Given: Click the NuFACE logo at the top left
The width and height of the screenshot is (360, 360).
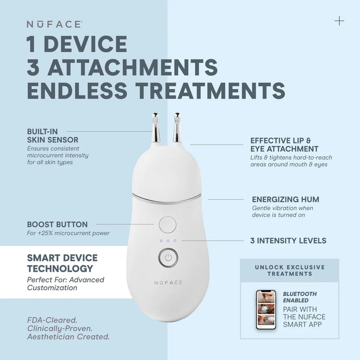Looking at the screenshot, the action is tap(54, 24).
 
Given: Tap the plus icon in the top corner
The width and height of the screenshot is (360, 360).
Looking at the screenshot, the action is tap(339, 21).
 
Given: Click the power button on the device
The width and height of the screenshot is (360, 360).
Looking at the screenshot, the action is tap(168, 257).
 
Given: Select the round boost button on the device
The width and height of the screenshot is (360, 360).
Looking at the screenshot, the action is tap(168, 225).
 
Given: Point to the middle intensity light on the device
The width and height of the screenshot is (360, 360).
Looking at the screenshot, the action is tap(168, 241).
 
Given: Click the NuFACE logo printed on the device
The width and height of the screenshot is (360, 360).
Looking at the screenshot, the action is tap(168, 283).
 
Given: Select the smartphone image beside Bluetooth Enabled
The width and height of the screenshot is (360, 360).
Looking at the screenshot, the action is tap(266, 310).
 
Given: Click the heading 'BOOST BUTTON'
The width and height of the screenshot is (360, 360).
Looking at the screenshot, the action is tap(58, 224).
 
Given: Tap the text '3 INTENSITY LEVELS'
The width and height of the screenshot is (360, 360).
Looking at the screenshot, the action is tap(288, 241).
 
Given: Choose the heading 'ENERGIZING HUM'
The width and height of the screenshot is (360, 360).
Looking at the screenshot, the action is tap(286, 199).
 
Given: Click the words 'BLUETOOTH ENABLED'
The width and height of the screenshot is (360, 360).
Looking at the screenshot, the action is tap(300, 297).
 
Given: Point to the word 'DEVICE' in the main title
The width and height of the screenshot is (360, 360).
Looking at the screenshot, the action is tap(87, 44).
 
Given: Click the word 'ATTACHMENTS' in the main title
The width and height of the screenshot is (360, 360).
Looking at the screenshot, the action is tap(132, 67).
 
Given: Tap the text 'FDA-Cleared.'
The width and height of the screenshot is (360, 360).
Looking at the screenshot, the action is tap(52, 320).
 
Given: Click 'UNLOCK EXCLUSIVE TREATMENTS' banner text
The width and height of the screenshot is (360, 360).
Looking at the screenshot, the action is tap(290, 270).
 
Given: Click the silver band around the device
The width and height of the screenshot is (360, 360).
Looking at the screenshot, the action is tap(166, 199).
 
